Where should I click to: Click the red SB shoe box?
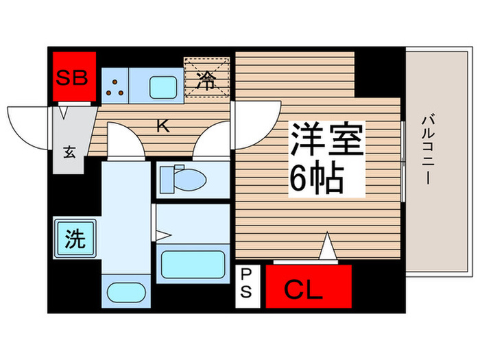[x=74, y=76]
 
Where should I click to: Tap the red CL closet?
[x=309, y=286]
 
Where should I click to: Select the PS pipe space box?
[x=248, y=286]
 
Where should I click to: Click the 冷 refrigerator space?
[x=206, y=77]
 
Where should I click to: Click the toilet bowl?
[x=183, y=179]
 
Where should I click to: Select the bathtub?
[x=193, y=265]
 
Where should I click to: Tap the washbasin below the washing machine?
[x=126, y=292]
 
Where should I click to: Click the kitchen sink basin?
[x=163, y=87]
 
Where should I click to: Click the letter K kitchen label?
[x=163, y=125]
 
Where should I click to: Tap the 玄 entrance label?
[x=70, y=152]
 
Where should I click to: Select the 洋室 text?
[x=327, y=139]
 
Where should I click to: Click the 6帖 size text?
[x=317, y=178]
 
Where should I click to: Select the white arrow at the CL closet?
[x=328, y=245]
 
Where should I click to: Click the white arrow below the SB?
[x=64, y=112]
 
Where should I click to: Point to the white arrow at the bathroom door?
[x=163, y=236]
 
